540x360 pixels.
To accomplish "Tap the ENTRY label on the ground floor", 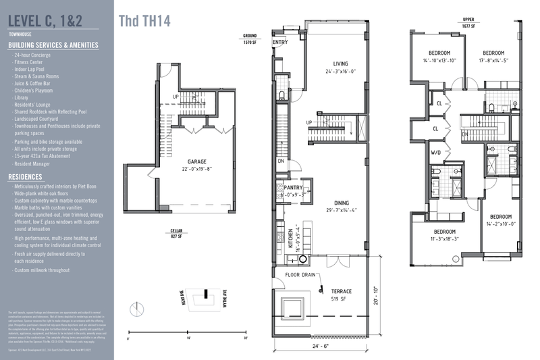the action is coord(280,42).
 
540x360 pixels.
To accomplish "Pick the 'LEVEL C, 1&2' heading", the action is coord(46,18).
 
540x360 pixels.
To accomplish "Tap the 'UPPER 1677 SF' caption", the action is coord(468,23).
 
